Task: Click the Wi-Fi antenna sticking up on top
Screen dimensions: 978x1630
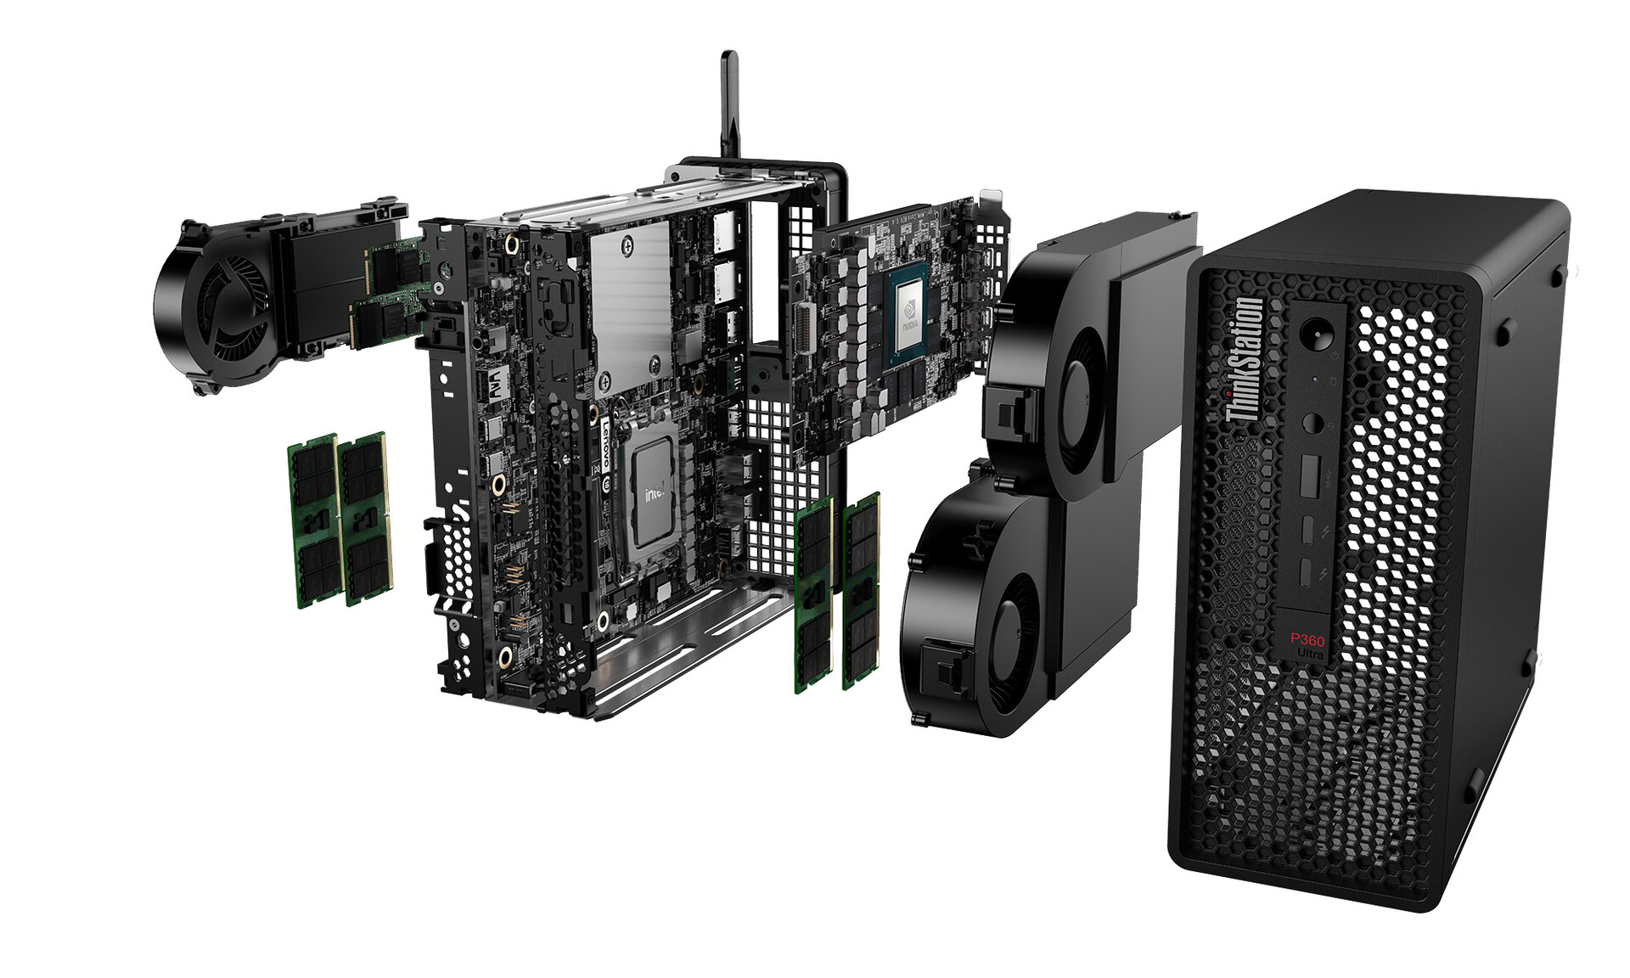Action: (x=729, y=102)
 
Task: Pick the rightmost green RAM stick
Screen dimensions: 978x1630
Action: (x=861, y=590)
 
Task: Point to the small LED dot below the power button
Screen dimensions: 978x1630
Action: (x=1315, y=379)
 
